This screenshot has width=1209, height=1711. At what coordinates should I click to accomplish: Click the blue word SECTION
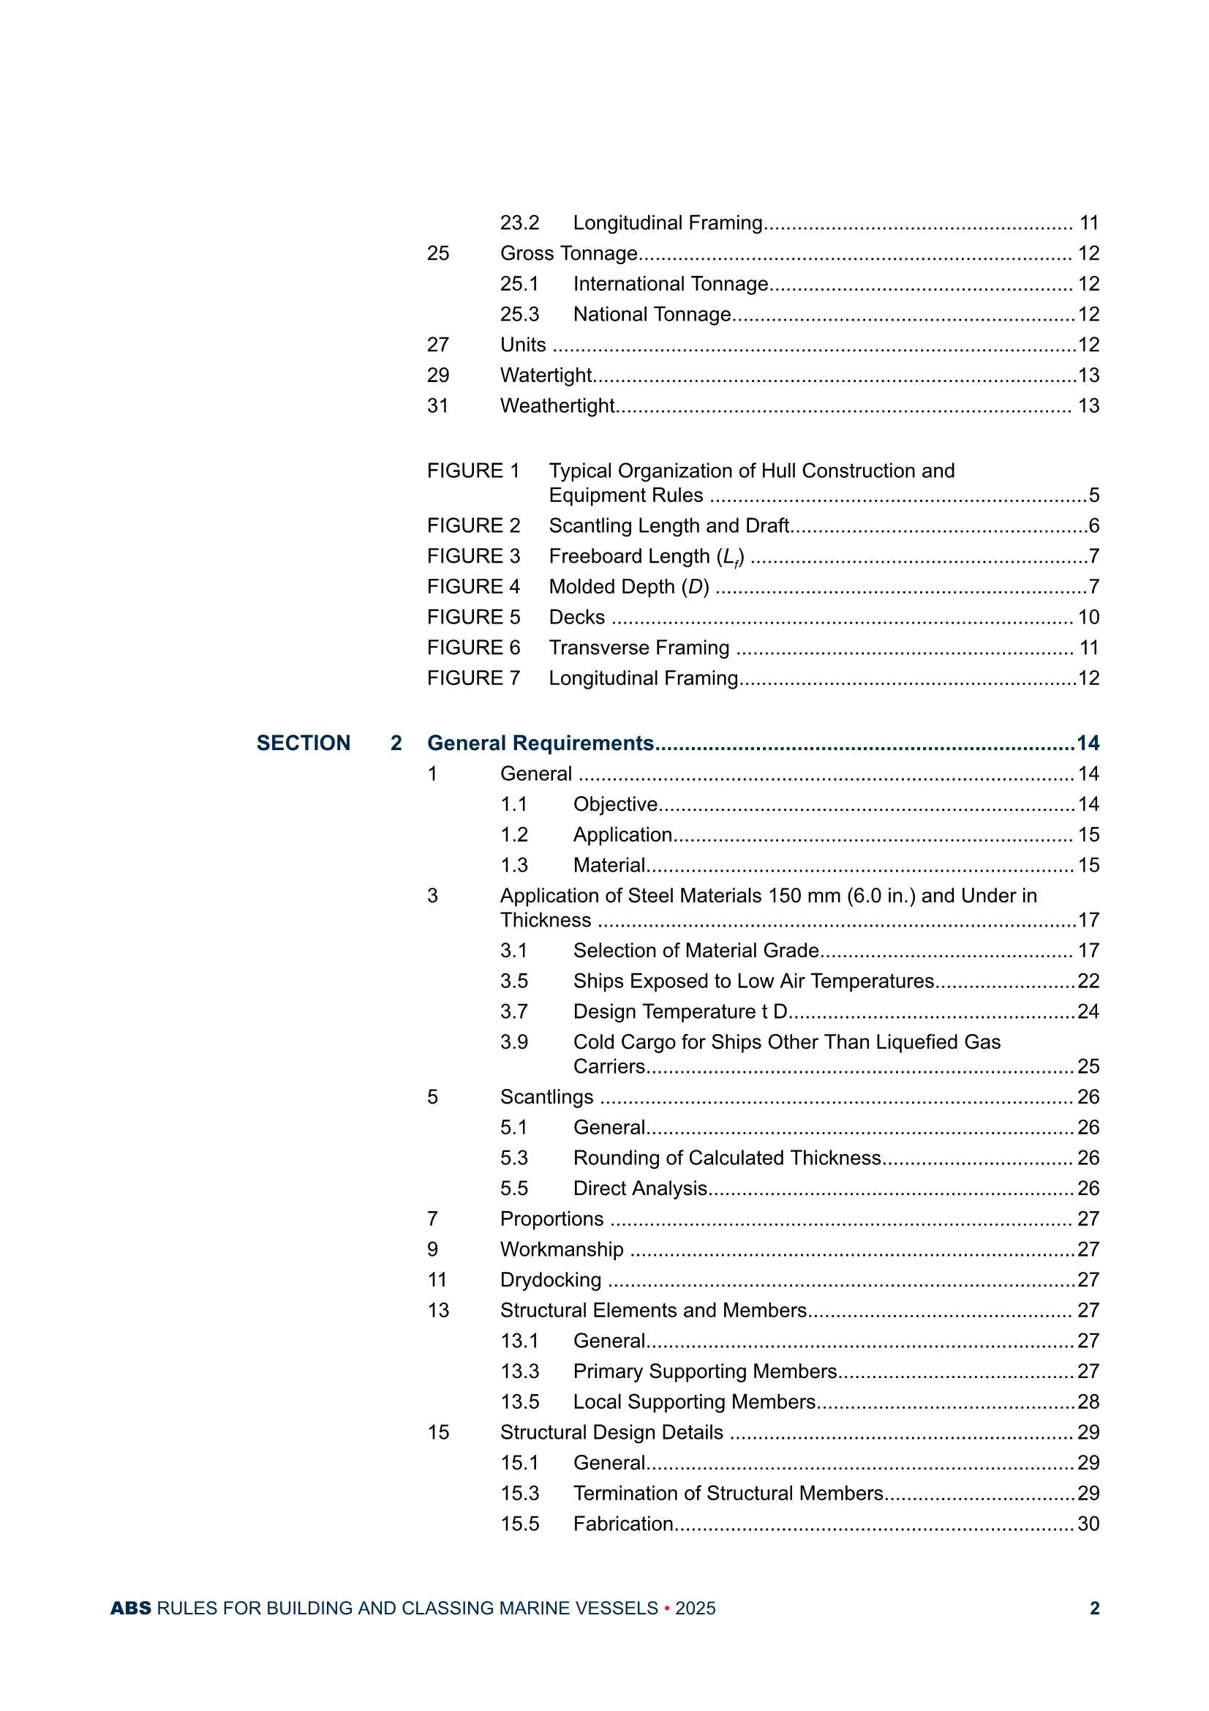point(304,743)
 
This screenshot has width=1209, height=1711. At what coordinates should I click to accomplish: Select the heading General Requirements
point(540,743)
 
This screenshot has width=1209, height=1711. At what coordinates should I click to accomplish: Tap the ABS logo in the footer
point(130,1608)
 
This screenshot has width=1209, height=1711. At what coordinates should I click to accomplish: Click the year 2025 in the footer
point(695,1608)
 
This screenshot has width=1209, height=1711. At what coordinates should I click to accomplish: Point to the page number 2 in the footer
point(1094,1608)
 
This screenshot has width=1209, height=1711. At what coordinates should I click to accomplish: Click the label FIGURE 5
point(473,617)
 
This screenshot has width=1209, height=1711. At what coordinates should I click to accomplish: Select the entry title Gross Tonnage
point(568,253)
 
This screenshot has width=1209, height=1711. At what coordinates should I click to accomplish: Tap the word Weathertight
point(557,405)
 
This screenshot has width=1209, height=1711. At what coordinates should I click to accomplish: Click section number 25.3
point(519,315)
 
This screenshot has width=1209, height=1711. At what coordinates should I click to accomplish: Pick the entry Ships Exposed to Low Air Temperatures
point(753,981)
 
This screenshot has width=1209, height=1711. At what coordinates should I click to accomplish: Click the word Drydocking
point(551,1279)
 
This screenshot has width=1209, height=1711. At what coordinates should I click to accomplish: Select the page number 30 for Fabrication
point(1088,1523)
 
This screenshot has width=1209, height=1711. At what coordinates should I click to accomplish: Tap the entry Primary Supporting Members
point(704,1371)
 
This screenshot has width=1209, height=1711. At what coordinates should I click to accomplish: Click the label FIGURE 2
point(473,525)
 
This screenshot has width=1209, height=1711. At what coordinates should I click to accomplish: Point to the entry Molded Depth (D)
point(629,586)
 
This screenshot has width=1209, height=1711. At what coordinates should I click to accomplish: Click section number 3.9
point(514,1042)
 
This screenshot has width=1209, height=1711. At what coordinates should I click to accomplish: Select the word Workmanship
point(562,1249)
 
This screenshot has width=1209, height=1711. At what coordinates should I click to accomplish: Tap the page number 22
point(1088,981)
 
